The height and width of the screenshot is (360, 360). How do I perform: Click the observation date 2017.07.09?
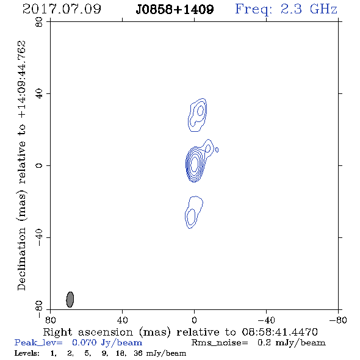62,9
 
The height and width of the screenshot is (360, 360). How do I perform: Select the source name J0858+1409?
175,10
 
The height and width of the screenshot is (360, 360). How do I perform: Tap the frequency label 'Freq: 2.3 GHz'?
286,9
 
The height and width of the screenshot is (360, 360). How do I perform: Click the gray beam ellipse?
70,300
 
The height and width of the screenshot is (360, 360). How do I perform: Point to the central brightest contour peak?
195,164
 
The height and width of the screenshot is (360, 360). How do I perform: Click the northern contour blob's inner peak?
200,110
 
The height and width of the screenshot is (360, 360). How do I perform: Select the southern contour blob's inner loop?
191,217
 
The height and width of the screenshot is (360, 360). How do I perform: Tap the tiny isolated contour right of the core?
217,150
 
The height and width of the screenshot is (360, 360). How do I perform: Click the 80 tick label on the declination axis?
39,22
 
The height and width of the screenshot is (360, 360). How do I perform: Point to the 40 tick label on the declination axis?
39,94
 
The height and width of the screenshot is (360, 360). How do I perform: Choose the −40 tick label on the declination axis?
39,237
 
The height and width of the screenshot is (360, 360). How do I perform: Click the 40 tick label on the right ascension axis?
122,320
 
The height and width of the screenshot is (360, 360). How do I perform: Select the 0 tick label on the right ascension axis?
194,320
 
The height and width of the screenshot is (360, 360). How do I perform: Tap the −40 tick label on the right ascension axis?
266,320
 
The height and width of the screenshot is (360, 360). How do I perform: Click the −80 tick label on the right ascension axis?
338,320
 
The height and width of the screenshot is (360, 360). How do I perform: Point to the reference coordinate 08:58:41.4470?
279,332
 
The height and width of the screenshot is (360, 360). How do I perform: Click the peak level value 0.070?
84,342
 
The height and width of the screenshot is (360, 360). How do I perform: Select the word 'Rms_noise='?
220,343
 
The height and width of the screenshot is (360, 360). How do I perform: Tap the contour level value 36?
139,353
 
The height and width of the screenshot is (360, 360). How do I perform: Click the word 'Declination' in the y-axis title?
21,259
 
